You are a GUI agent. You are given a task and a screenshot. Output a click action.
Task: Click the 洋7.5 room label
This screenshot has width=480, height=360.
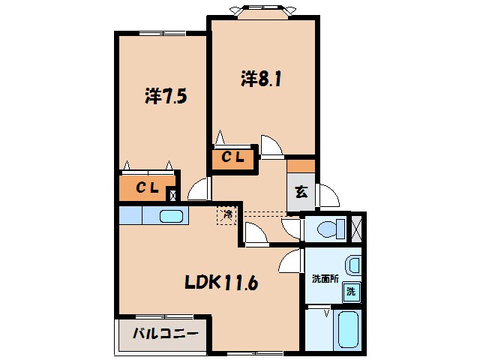point(165,96)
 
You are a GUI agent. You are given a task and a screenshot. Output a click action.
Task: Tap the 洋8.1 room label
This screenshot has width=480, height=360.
point(262,79)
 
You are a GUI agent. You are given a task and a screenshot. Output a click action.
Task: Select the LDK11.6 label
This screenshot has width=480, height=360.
point(222,283)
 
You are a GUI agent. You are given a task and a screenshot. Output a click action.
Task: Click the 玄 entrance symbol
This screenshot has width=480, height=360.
point(301,191)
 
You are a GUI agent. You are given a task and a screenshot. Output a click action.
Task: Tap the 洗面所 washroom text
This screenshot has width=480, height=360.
point(325,278)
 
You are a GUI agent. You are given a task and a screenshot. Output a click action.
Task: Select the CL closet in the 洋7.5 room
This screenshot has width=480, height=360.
point(147,187)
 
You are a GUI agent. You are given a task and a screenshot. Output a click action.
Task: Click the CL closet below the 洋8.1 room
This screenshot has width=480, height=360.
point(232,159)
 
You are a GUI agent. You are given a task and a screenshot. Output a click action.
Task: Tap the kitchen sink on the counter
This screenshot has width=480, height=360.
point(172,217)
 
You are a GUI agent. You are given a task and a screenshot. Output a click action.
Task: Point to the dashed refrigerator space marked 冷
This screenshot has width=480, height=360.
point(226,216)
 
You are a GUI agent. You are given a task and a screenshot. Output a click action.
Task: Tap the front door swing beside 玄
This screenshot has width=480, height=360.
point(328,196)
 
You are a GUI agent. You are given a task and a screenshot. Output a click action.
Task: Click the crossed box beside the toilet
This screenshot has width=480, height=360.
point(357,228)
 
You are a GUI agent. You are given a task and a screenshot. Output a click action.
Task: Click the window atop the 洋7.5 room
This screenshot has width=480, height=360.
point(160,32)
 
